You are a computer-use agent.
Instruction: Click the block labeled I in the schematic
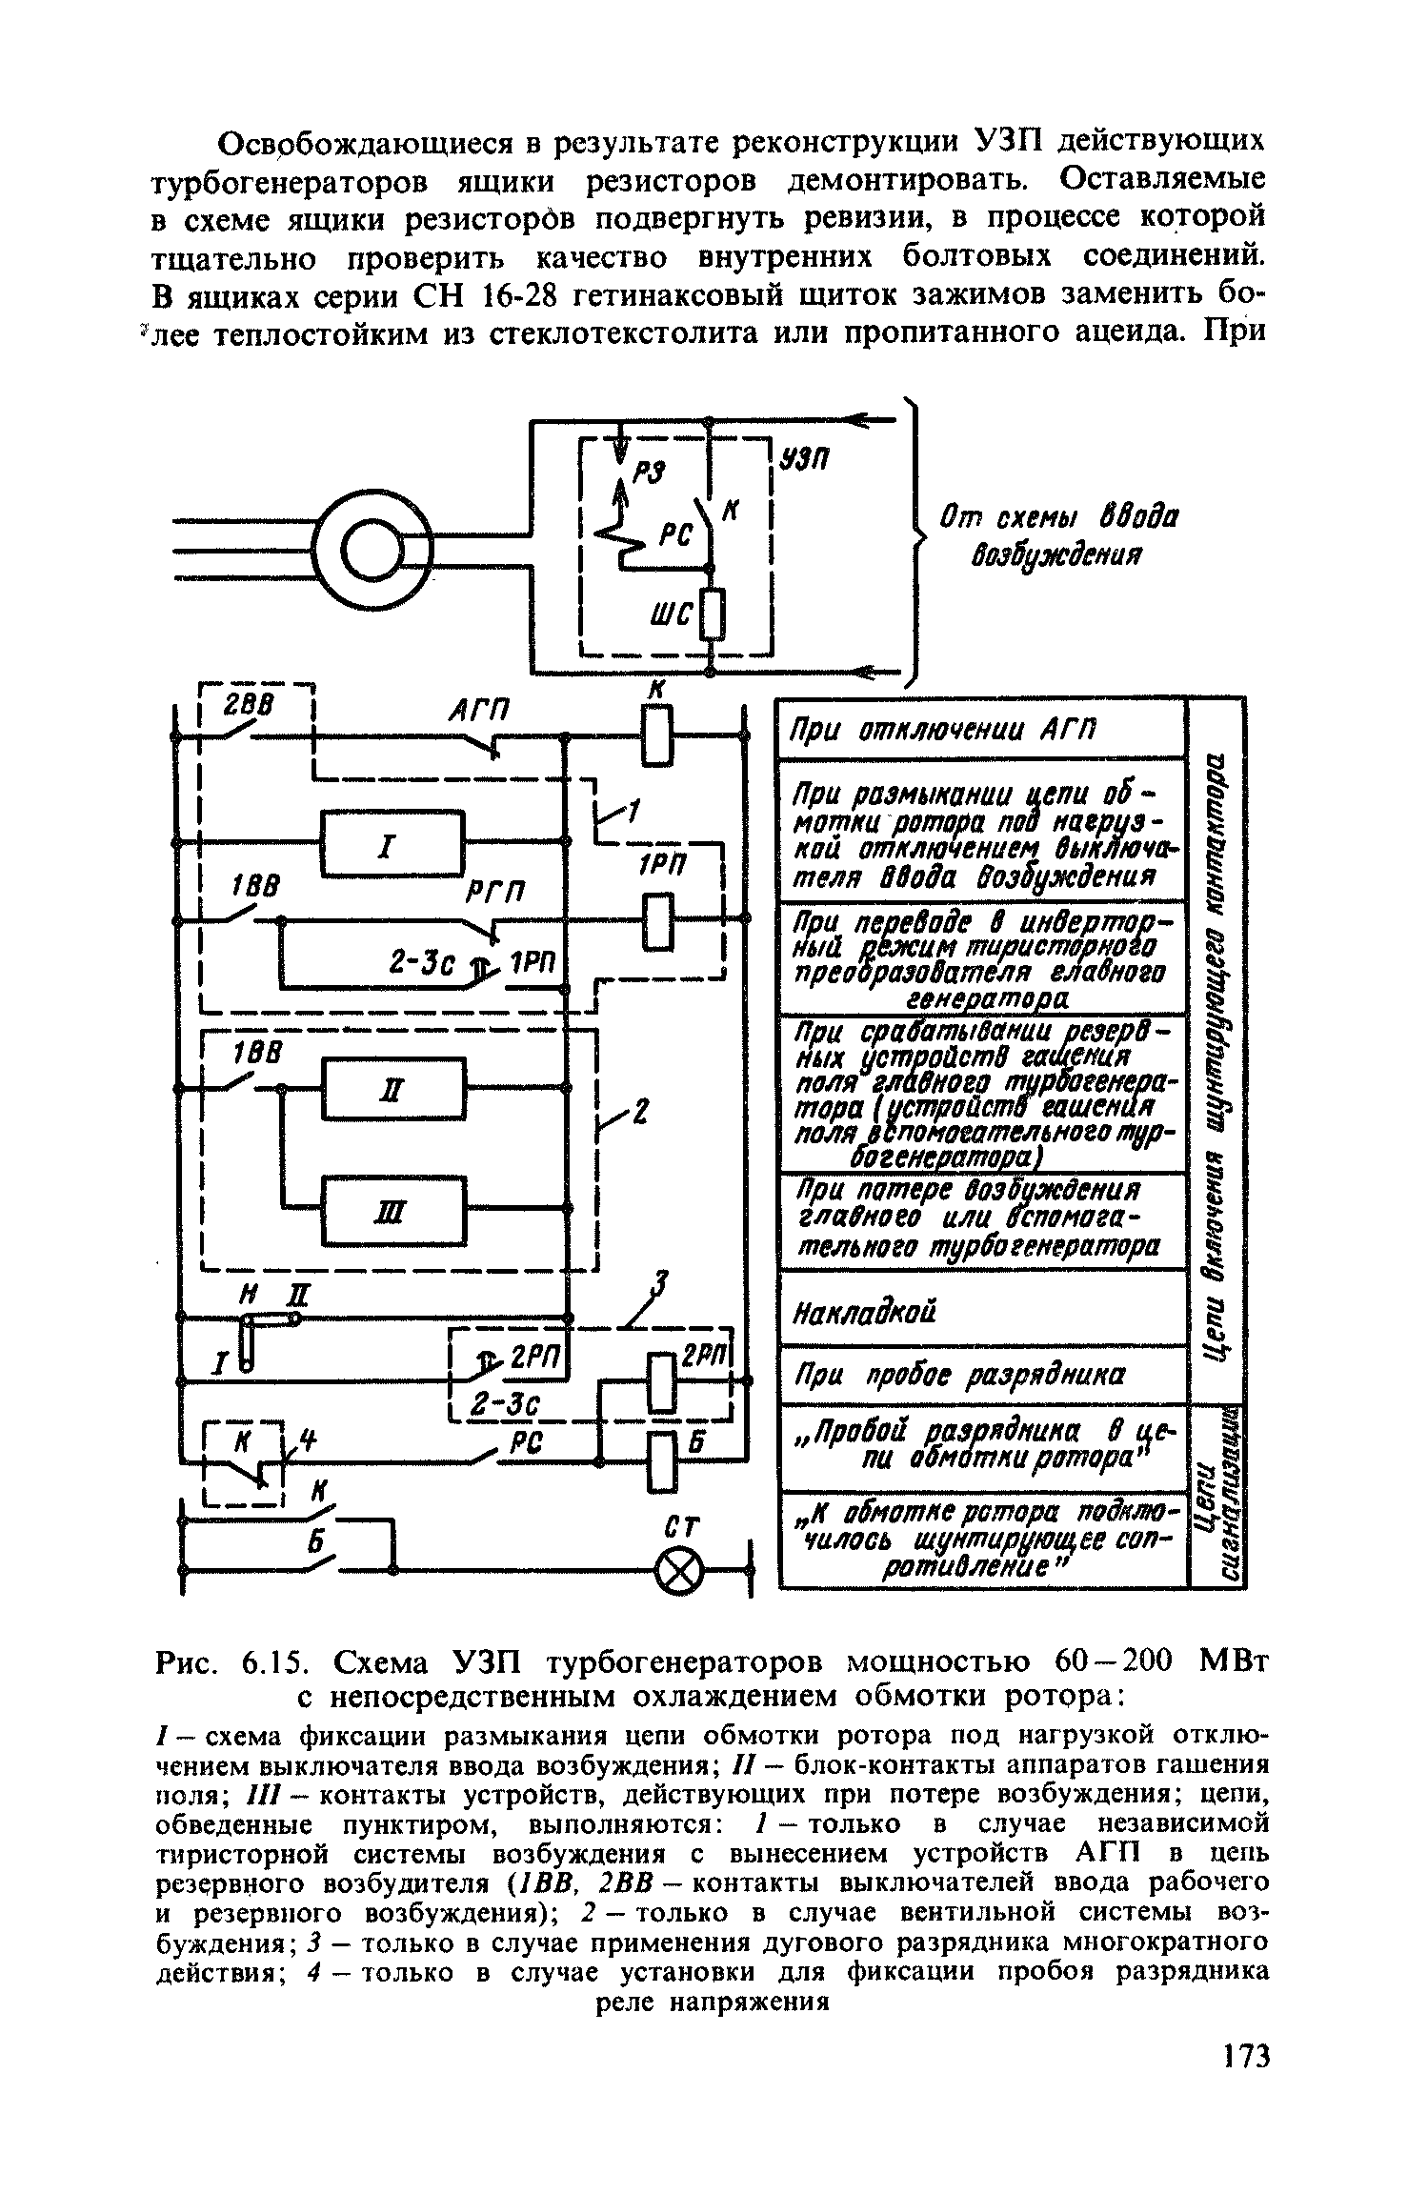(x=393, y=843)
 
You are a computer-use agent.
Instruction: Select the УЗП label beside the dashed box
(x=806, y=459)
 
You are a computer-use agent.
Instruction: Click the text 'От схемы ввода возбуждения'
(x=1057, y=535)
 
